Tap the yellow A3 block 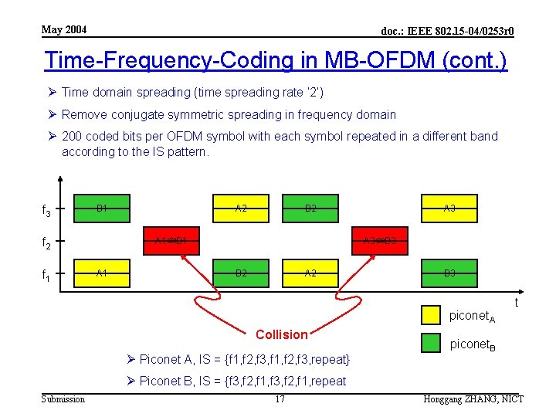click(x=449, y=208)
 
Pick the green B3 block click(x=449, y=273)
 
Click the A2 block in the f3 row click(x=241, y=208)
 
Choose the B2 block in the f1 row click(x=241, y=273)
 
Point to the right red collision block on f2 click(x=380, y=240)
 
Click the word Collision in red click(x=281, y=334)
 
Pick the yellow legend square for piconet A click(x=431, y=314)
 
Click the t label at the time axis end click(x=517, y=303)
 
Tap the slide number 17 click(x=280, y=398)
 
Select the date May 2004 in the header click(x=64, y=30)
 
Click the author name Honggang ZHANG click(x=460, y=398)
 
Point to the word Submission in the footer click(x=63, y=398)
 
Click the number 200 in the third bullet click(x=72, y=136)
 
